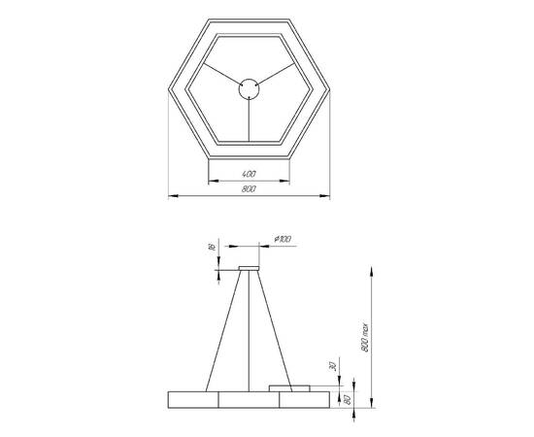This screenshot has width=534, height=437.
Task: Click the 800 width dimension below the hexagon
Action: pyautogui.click(x=250, y=190)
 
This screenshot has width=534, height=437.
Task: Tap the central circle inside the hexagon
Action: pyautogui.click(x=250, y=89)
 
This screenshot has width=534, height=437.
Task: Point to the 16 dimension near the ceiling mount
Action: pyautogui.click(x=212, y=249)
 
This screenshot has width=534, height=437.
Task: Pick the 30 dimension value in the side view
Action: pyautogui.click(x=331, y=366)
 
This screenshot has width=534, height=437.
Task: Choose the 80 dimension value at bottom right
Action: pyautogui.click(x=346, y=398)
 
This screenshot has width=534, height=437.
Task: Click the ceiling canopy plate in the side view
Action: pyautogui.click(x=250, y=266)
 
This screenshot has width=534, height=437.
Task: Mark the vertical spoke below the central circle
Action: pyautogui.click(x=250, y=120)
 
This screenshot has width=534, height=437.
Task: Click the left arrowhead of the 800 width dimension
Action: pyautogui.click(x=172, y=197)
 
